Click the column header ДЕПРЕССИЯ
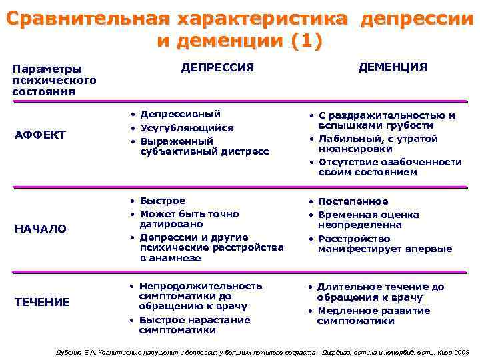coord(218,67)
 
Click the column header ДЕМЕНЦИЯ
coord(393,67)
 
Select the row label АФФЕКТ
coord(40,135)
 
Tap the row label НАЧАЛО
coord(41,229)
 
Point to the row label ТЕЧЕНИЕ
coord(42,302)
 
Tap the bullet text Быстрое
coord(163,201)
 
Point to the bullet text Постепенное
coord(353,201)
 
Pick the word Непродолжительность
coord(201,286)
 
